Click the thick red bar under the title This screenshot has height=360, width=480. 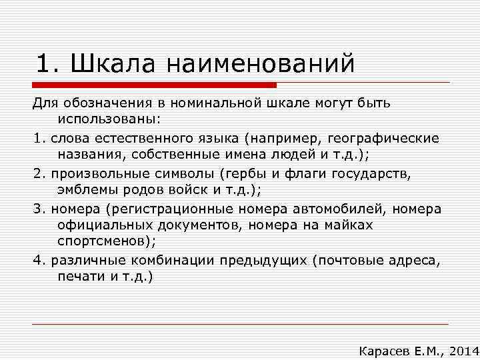(154, 85)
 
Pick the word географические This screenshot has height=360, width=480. (384, 138)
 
